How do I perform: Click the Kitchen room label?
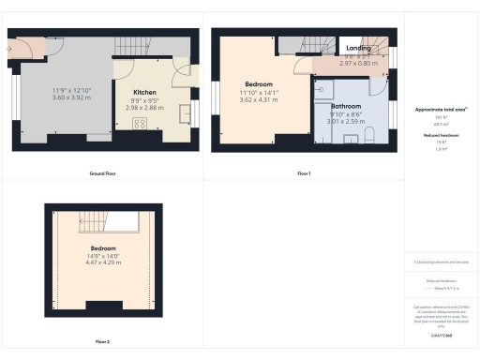coord(144,92)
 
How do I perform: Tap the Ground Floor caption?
coord(101,174)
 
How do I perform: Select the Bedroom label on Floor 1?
coord(262,84)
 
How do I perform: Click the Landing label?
coord(358,50)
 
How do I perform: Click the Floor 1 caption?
coord(303,174)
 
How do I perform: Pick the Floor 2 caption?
coord(101,342)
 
